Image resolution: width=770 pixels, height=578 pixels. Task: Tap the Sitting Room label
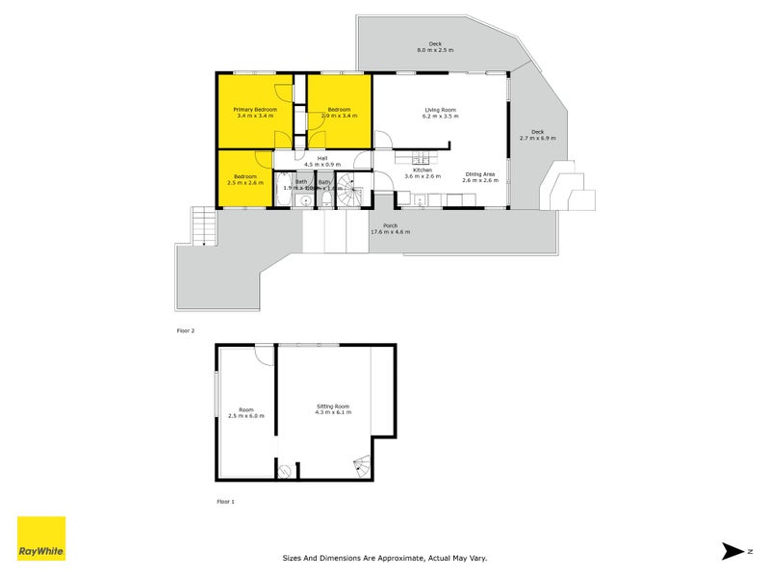[x=333, y=408]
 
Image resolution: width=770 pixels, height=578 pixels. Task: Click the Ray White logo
[x=41, y=539]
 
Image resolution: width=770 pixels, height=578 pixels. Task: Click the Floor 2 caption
[x=185, y=331]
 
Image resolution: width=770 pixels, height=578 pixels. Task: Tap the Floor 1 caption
[x=225, y=502]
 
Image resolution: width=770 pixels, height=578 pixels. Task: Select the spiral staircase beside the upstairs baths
[x=354, y=192]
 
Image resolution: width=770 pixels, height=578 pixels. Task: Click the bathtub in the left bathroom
[x=282, y=190]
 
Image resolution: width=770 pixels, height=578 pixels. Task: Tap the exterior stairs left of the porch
[x=202, y=227]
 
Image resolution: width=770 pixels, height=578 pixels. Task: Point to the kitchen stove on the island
[x=421, y=160]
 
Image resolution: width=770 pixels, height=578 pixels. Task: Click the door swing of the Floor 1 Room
[x=263, y=355]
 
